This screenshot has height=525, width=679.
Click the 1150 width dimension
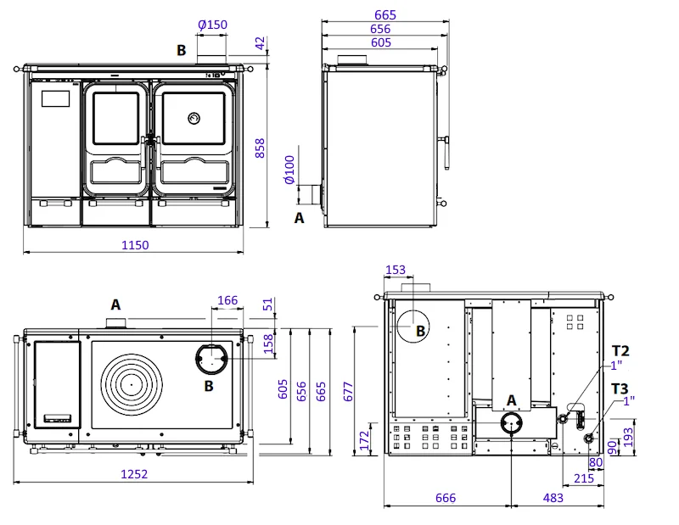click(135, 245)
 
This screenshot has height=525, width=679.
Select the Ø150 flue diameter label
click(213, 25)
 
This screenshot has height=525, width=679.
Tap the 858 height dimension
click(260, 148)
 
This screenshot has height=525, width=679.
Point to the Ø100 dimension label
click(289, 170)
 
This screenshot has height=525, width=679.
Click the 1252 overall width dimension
click(134, 474)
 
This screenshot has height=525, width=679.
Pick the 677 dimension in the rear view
click(348, 392)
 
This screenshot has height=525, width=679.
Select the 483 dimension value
click(553, 498)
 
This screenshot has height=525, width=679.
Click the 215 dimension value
click(584, 478)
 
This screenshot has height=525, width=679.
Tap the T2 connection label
click(620, 350)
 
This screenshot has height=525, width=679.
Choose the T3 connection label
click(620, 388)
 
